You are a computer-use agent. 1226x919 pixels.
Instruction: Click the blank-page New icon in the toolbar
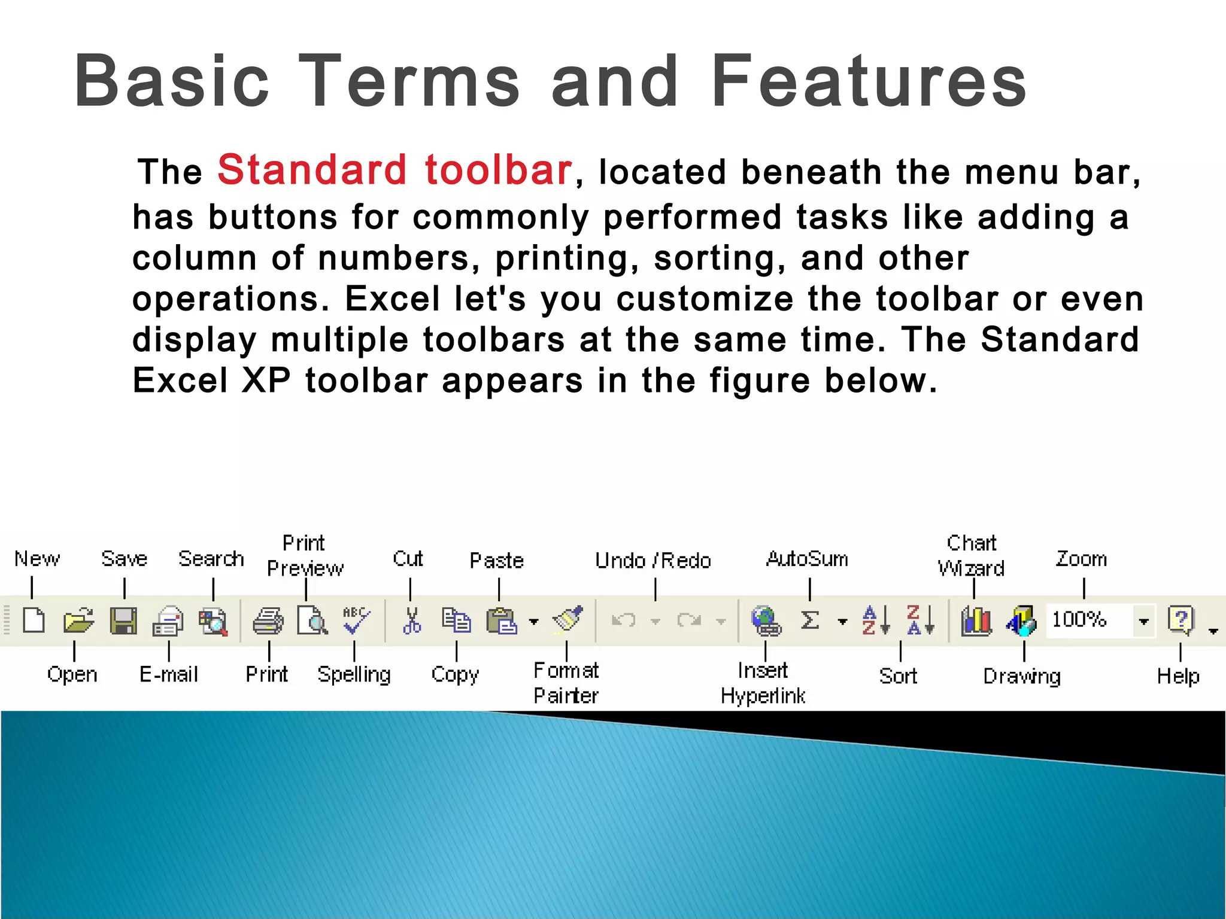[x=34, y=620]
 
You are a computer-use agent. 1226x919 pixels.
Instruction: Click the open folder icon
[x=78, y=620]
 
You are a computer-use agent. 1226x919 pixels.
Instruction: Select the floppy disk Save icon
[x=123, y=620]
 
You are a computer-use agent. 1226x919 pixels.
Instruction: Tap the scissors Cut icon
[x=411, y=620]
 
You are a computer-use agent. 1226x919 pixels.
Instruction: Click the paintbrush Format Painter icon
[x=568, y=619]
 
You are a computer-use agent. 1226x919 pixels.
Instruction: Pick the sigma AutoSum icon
[x=810, y=620]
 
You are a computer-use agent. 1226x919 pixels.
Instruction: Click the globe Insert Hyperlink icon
[x=766, y=620]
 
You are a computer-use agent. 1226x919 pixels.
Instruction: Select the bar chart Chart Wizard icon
[x=976, y=620]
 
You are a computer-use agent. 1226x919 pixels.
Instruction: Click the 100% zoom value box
[x=1087, y=620]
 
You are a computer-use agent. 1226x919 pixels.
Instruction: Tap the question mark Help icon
[x=1181, y=620]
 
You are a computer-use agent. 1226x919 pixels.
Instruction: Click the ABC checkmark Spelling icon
[x=356, y=620]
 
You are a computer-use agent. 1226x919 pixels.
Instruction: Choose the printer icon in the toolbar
[x=268, y=620]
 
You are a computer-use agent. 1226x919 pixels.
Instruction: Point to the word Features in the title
[x=869, y=81]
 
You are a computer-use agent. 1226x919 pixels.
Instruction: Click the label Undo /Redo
[x=653, y=561]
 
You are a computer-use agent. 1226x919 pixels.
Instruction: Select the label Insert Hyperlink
[x=763, y=683]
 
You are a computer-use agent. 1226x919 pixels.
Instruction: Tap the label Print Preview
[x=305, y=556]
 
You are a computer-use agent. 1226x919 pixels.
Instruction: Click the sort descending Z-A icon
[x=919, y=620]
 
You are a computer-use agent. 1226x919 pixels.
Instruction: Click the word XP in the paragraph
[x=266, y=381]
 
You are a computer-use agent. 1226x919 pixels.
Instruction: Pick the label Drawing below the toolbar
[x=1022, y=676]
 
